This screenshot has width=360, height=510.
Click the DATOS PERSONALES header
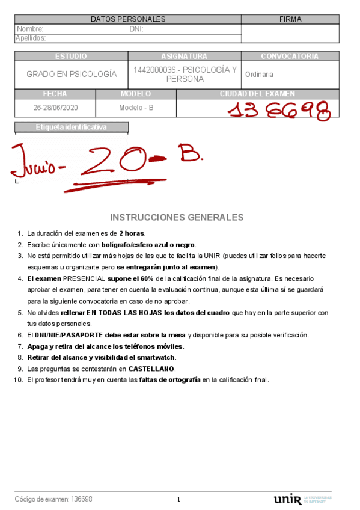click(128, 19)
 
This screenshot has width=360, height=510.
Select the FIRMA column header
click(290, 19)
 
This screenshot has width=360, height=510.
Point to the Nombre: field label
click(30, 29)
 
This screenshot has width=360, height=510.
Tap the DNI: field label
click(136, 29)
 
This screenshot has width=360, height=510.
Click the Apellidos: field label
click(31, 38)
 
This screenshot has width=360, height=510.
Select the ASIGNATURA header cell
click(184, 56)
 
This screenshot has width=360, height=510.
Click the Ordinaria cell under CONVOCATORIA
click(259, 74)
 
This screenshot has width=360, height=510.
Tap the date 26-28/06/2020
click(55, 108)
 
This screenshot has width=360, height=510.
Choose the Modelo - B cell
click(136, 108)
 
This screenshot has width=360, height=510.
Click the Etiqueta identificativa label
click(71, 127)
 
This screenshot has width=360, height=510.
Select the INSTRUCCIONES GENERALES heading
click(177, 217)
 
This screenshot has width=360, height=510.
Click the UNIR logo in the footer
click(287, 499)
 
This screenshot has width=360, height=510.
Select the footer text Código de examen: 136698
click(53, 499)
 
